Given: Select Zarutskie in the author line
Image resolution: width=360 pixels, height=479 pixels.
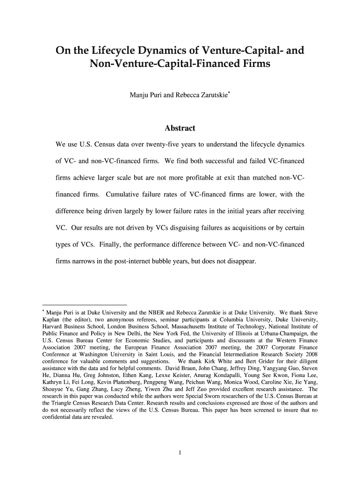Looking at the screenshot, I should click(209, 95).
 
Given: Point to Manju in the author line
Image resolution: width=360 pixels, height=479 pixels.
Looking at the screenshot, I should click(138, 95).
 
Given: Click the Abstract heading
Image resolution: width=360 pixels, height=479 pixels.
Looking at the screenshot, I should click(180, 128).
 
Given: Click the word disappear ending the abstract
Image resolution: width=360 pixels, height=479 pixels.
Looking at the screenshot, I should click(241, 261).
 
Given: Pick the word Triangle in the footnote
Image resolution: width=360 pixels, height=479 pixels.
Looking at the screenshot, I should click(63, 403).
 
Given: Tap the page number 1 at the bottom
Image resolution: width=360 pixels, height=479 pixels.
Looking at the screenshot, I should click(180, 452).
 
